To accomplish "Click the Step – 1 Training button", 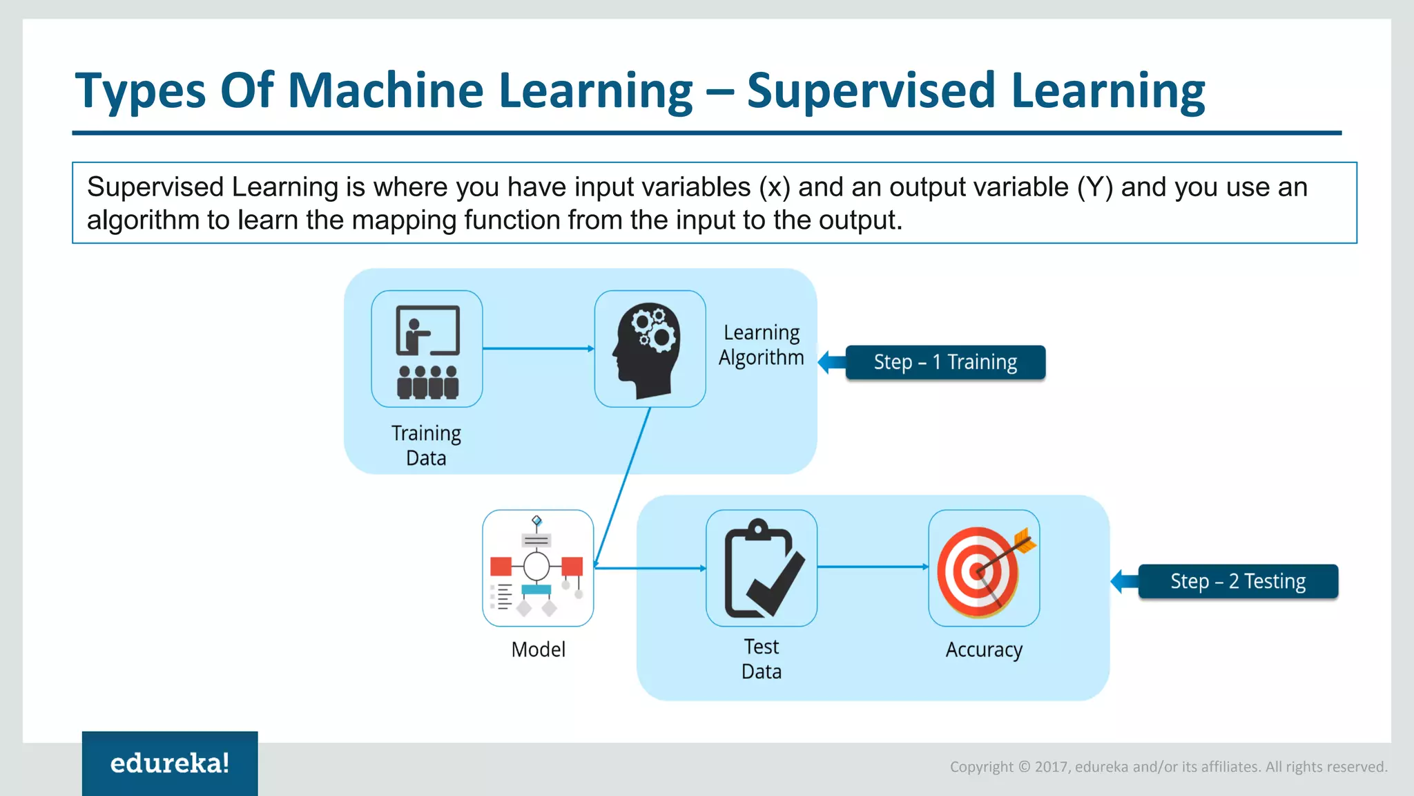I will click(x=945, y=362).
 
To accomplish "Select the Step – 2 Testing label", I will click(x=1237, y=581).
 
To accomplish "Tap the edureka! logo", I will click(x=170, y=763).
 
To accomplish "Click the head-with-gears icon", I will click(x=650, y=349).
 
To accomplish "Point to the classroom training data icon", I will click(x=427, y=349).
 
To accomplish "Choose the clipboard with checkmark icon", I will click(x=762, y=568).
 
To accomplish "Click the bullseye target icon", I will click(x=984, y=568).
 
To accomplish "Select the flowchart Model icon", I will click(x=538, y=568).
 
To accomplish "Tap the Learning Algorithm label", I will click(x=761, y=345).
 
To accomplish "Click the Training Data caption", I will click(x=426, y=445).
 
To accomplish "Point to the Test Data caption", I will click(x=761, y=658).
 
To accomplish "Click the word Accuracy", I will click(x=983, y=650).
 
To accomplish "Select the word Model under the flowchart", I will click(x=538, y=650).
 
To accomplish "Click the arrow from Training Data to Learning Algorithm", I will click(x=538, y=348).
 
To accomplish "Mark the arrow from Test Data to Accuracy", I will click(x=873, y=567).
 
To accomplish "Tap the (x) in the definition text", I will click(x=774, y=187).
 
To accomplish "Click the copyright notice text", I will click(x=1168, y=766).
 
